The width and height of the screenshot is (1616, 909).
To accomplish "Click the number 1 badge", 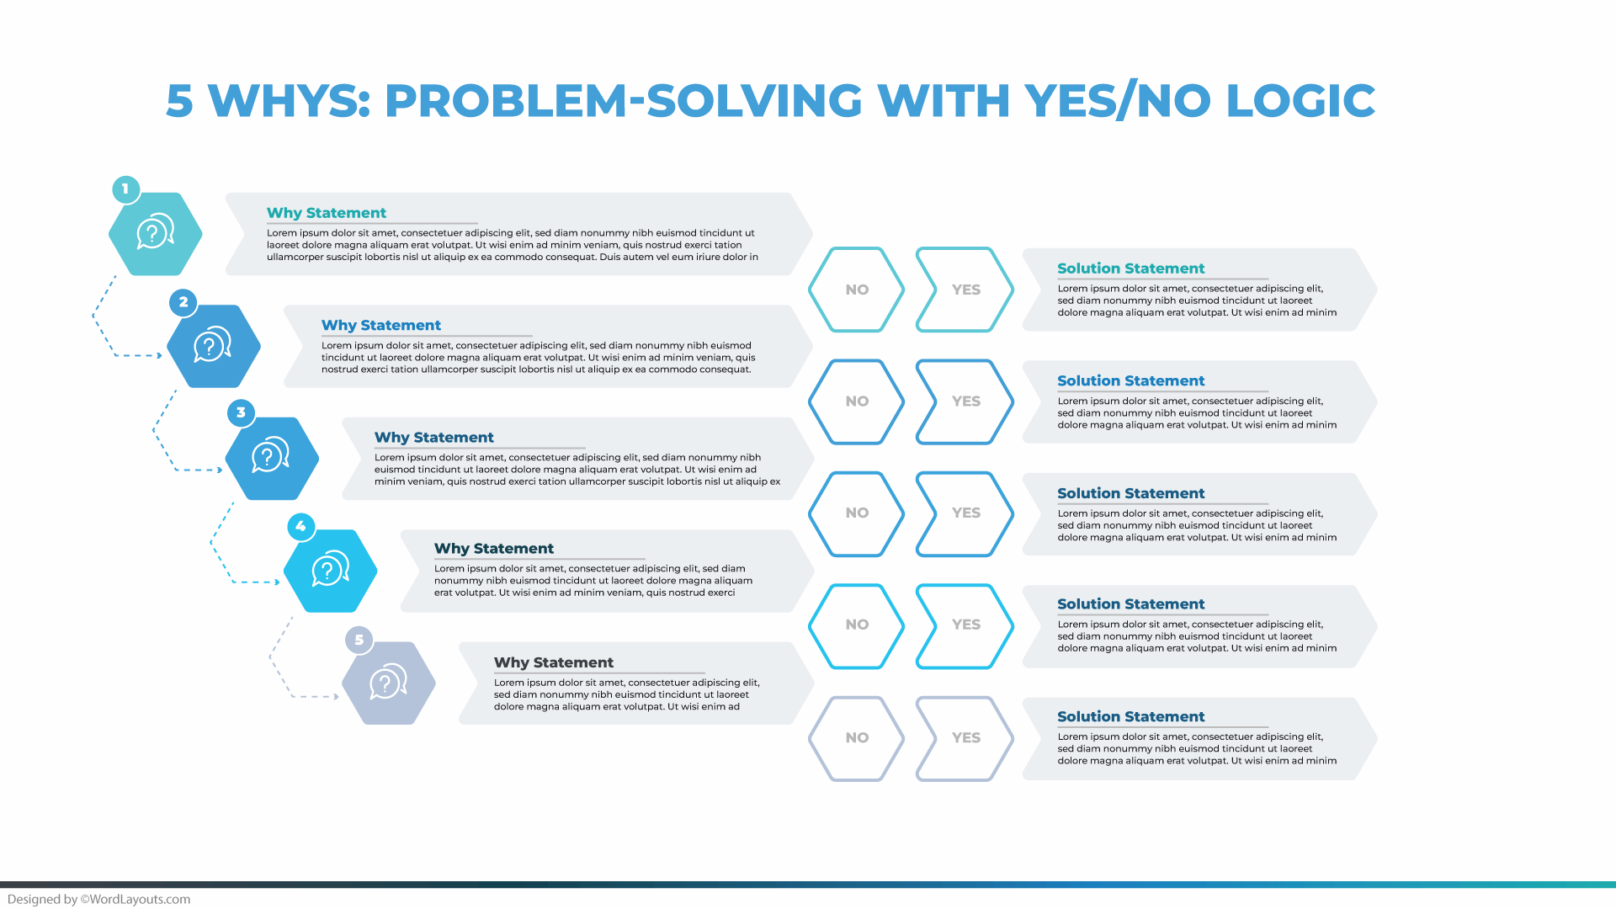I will click(125, 189).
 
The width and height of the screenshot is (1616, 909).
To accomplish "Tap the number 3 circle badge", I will click(241, 412).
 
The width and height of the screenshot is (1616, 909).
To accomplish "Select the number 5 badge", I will click(359, 640).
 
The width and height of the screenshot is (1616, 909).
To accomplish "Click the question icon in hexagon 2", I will click(213, 345).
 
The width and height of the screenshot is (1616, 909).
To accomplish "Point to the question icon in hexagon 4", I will click(330, 570).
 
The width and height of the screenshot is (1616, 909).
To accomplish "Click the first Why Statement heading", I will click(327, 213).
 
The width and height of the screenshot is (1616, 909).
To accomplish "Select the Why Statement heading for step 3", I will click(433, 438).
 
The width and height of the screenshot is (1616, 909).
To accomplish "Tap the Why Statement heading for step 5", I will click(553, 662).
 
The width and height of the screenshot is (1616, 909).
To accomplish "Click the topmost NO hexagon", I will click(856, 290).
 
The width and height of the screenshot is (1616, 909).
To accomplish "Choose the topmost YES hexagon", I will click(965, 290).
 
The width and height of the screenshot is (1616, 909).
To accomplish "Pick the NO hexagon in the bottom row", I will click(856, 738).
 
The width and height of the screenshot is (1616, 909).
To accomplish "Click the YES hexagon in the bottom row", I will click(965, 738).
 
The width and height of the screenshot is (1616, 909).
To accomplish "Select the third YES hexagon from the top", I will click(965, 513).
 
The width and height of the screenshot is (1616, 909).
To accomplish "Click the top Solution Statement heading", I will click(1130, 268).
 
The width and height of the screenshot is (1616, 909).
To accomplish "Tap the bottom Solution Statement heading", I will click(1130, 717).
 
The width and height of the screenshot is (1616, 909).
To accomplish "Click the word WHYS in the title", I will click(290, 101).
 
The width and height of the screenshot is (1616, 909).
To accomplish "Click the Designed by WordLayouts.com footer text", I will click(99, 899).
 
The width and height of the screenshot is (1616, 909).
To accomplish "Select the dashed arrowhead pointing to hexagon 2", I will click(159, 356).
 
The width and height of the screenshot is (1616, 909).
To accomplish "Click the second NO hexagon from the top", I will click(856, 401).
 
